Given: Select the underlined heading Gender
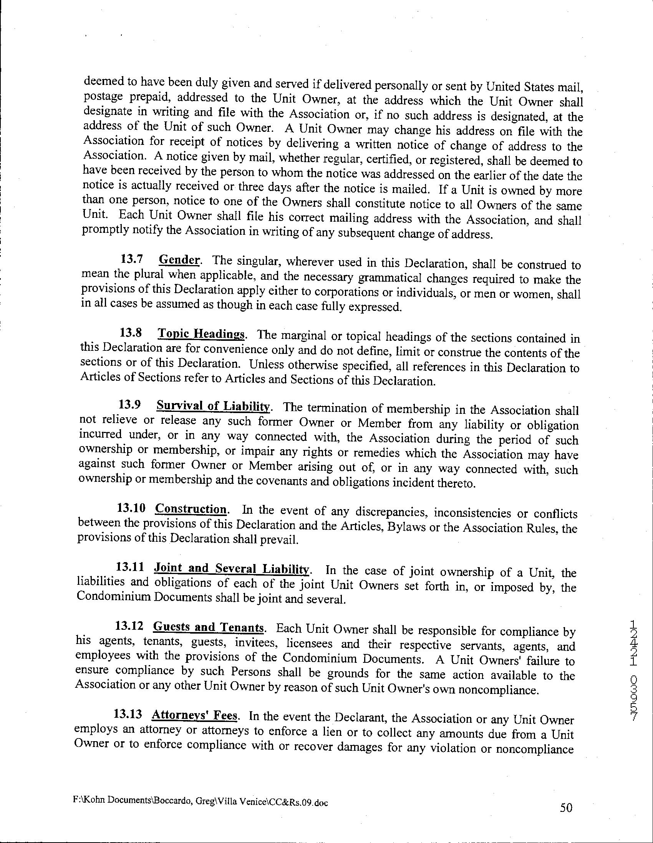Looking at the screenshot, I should [179, 259].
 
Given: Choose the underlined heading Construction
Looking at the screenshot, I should [191, 509].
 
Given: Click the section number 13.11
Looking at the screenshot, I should [131, 567].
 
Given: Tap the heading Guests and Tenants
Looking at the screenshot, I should [209, 627].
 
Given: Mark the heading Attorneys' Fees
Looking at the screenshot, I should [194, 715].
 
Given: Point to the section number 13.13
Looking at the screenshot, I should [128, 714].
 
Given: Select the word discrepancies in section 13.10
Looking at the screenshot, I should [391, 512].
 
